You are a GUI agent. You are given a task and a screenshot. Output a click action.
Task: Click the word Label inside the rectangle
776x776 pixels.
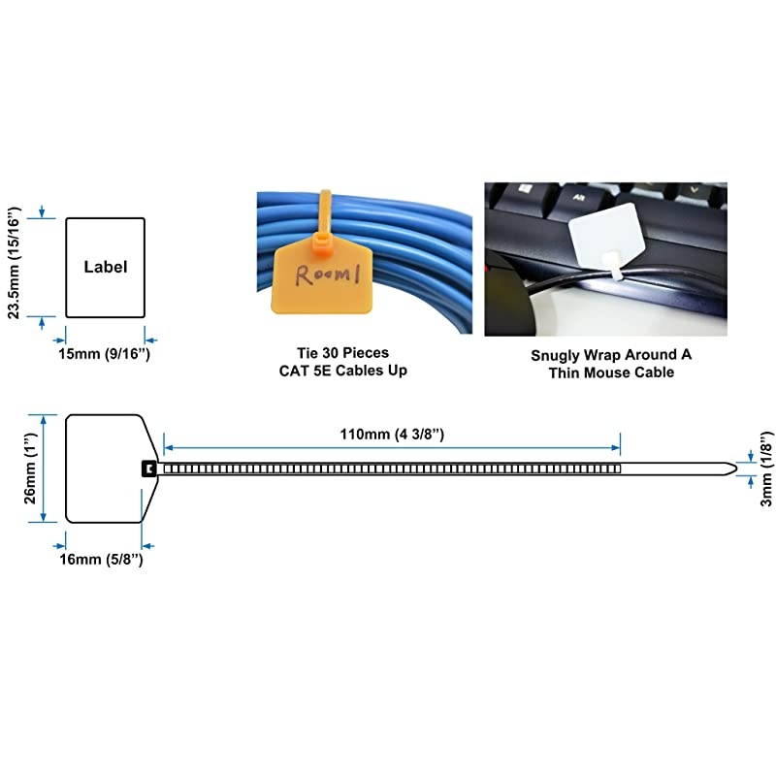[x=105, y=266]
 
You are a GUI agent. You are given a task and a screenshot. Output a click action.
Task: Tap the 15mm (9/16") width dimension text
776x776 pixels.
[x=105, y=354]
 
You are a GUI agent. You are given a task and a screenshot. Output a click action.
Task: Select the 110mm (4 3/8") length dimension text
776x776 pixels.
[x=392, y=434]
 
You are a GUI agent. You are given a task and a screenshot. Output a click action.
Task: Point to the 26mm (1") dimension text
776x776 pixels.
[x=31, y=469]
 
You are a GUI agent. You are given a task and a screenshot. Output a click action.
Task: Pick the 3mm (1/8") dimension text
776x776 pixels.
[x=764, y=469]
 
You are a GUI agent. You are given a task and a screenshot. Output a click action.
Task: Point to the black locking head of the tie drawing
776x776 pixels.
[x=147, y=469]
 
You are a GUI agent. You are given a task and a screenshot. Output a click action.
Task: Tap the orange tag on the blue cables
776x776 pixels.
[x=321, y=278]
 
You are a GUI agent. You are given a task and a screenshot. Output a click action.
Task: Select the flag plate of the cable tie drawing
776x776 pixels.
[x=102, y=469]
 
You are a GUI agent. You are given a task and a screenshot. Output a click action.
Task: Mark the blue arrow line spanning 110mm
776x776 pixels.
[x=392, y=448]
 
